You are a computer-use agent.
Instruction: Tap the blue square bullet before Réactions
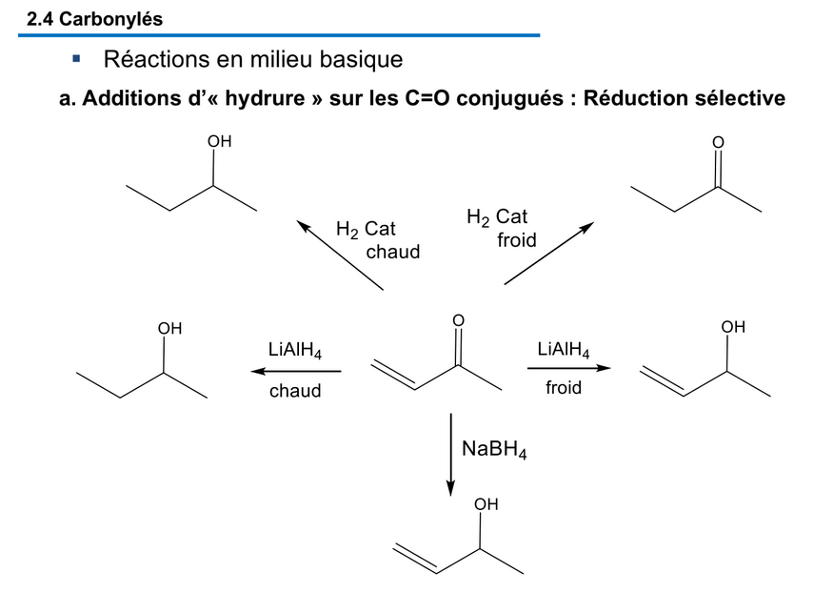point(76,59)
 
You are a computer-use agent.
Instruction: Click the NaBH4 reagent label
point(494,448)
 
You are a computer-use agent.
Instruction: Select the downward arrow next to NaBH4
point(451,454)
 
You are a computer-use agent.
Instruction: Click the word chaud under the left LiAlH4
point(295,391)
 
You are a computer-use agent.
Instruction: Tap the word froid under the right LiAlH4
point(564,388)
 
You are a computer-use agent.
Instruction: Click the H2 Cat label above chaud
point(366,230)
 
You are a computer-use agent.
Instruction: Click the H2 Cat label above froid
point(497,217)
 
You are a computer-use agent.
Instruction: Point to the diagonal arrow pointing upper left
point(340,254)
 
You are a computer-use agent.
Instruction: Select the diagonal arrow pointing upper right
point(548,254)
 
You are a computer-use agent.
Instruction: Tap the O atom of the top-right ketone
point(718,143)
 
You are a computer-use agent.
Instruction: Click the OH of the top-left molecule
point(220,142)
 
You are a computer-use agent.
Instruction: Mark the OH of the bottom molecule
point(486,504)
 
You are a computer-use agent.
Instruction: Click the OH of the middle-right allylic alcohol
point(733,327)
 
